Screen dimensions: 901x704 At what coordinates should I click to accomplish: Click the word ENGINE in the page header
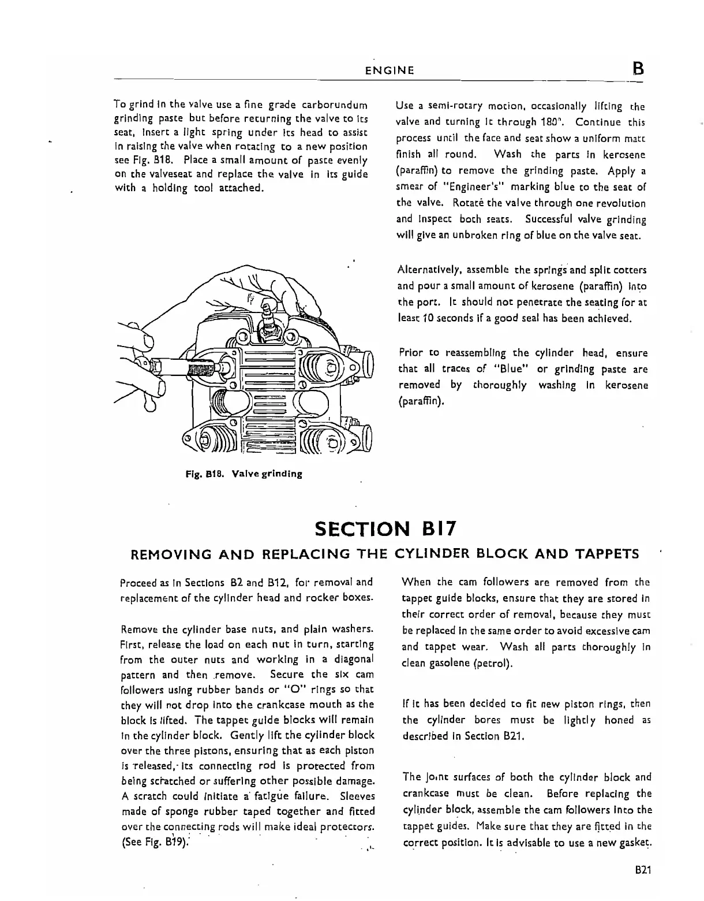[x=390, y=71]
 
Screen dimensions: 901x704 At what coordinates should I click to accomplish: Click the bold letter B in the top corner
[x=638, y=69]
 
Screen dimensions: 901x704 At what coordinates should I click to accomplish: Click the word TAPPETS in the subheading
[x=607, y=554]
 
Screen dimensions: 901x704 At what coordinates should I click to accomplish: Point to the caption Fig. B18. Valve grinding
[x=244, y=474]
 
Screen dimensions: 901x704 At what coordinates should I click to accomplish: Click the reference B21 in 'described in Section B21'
[x=502, y=736]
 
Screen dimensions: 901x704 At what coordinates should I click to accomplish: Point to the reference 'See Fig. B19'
[x=156, y=842]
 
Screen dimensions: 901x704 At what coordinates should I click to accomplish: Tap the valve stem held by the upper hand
[x=269, y=315]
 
